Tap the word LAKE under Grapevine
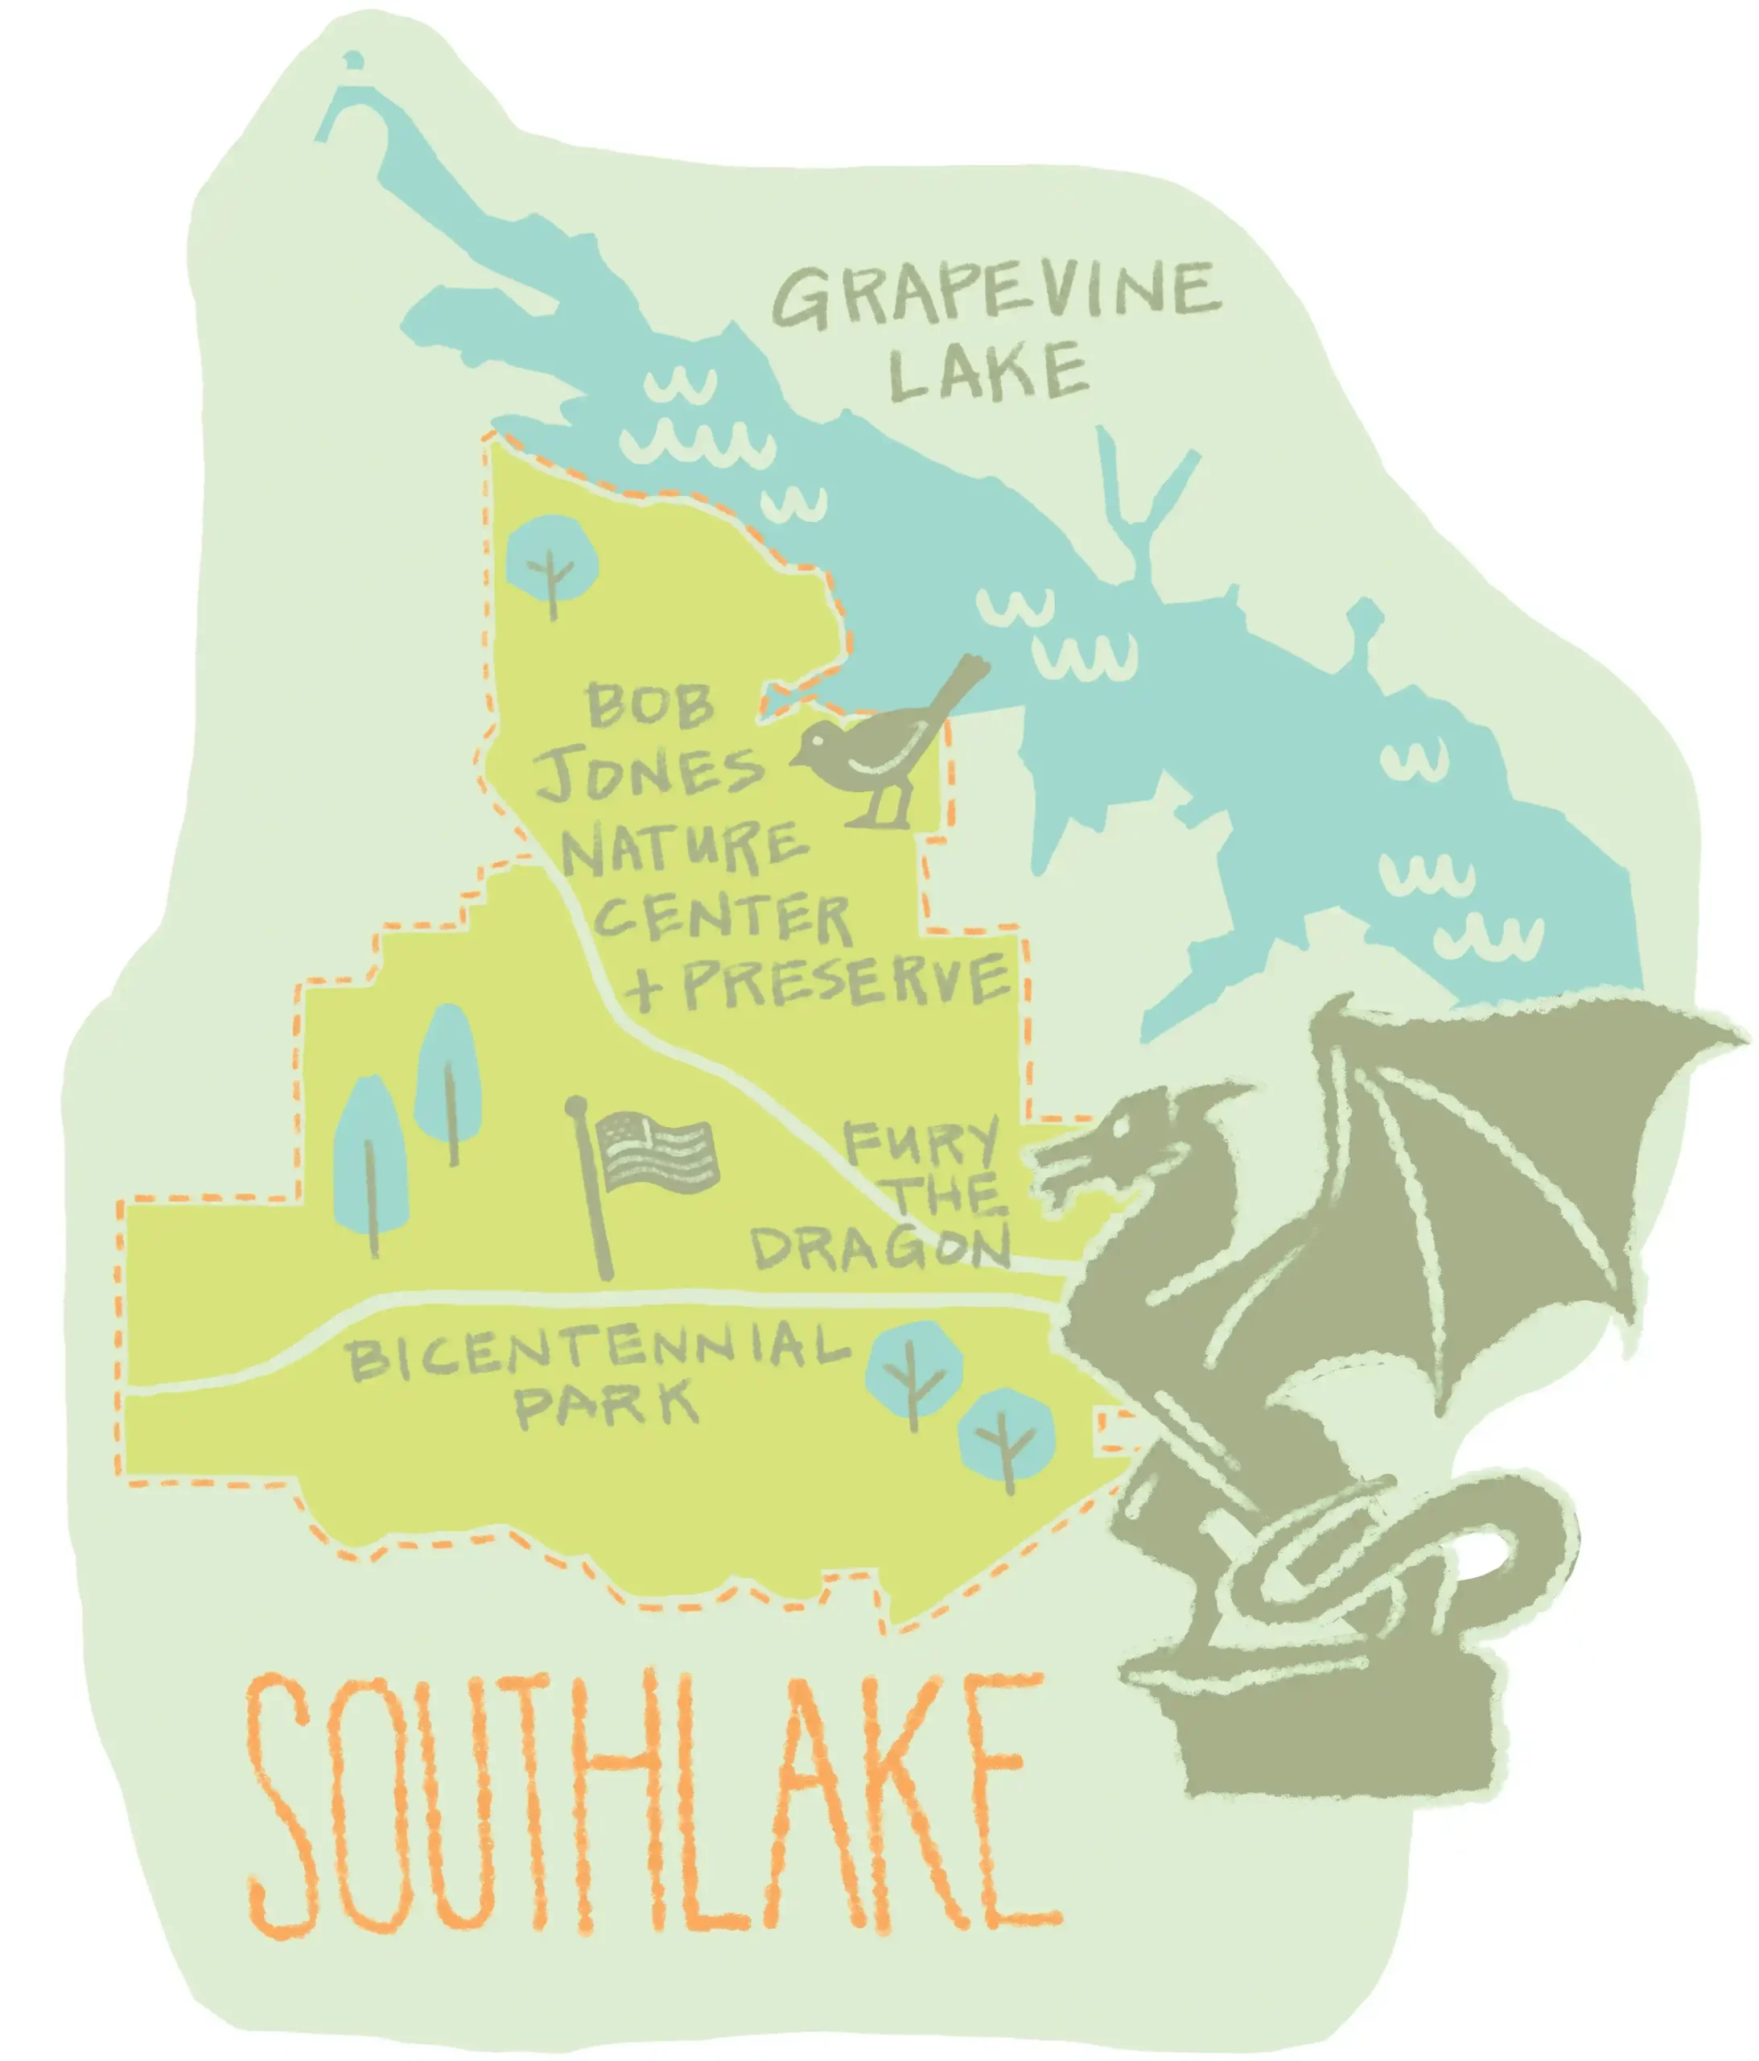[x=987, y=372]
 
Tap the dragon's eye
[x=1123, y=1124]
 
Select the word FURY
[x=920, y=1142]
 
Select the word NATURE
[x=684, y=848]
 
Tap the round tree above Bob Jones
[x=552, y=561]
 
